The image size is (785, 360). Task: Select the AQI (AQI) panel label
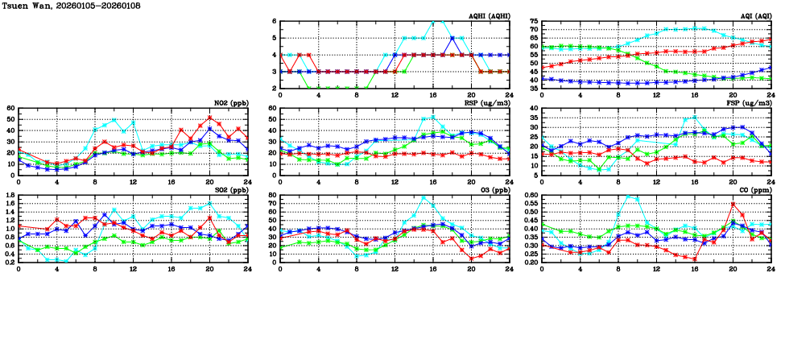pyautogui.click(x=756, y=15)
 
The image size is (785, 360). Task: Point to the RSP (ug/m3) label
pyautogui.click(x=490, y=102)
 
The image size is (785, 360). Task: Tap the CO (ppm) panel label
pyautogui.click(x=756, y=189)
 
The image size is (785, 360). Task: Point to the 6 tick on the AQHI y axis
pyautogui.click(x=275, y=21)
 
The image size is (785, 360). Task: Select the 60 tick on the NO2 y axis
pyautogui.click(x=11, y=108)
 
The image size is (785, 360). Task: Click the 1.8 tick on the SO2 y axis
pyautogui.click(x=10, y=195)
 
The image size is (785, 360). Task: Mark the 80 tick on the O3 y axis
pyautogui.click(x=273, y=195)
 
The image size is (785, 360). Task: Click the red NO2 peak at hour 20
pyautogui.click(x=209, y=118)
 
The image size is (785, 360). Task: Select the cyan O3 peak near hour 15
pyautogui.click(x=423, y=197)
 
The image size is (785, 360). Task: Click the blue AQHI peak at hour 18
pyautogui.click(x=452, y=38)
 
